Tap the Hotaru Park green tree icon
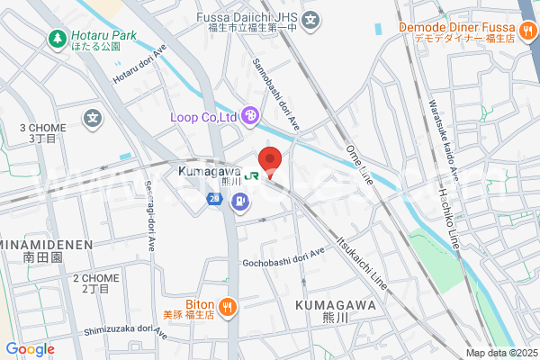coord(54,39)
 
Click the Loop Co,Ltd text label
coord(202,116)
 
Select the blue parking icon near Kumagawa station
coord(239,202)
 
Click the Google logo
coord(30,349)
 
